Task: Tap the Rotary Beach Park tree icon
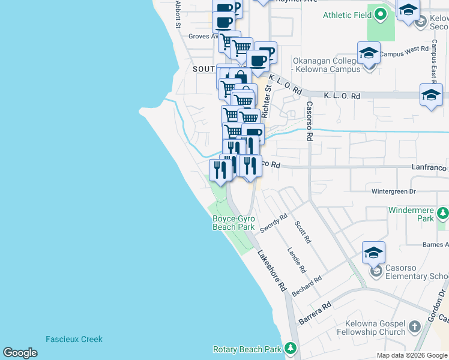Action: pyautogui.click(x=291, y=348)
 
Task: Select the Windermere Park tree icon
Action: pyautogui.click(x=443, y=213)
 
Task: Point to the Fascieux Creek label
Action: pyautogui.click(x=74, y=339)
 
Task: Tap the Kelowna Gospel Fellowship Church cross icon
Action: pyautogui.click(x=414, y=327)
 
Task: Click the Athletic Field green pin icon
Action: pyautogui.click(x=380, y=15)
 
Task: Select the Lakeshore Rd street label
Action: pyautogui.click(x=271, y=271)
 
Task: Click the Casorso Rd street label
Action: pyautogui.click(x=310, y=121)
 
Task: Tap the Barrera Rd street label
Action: pyautogui.click(x=315, y=314)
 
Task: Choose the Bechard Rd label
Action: pyautogui.click(x=306, y=286)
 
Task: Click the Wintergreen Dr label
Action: pyautogui.click(x=393, y=191)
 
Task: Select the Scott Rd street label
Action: pyautogui.click(x=303, y=232)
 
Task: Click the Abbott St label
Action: pyautogui.click(x=178, y=13)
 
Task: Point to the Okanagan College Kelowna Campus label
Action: pyautogui.click(x=327, y=65)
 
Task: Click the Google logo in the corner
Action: pyautogui.click(x=20, y=353)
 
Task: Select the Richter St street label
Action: pyautogui.click(x=268, y=96)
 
